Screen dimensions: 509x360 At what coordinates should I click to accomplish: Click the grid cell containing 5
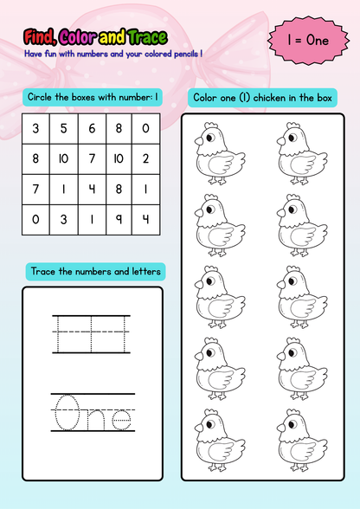coord(62,129)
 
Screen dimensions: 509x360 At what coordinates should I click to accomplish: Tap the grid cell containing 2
coord(145,158)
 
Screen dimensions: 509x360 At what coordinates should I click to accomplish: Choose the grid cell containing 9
coord(118,219)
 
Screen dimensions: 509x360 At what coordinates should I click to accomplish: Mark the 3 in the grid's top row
coord(35,129)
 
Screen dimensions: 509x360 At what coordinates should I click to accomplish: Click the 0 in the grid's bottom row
coord(35,219)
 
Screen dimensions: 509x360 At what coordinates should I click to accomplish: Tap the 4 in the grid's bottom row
coord(145,219)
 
